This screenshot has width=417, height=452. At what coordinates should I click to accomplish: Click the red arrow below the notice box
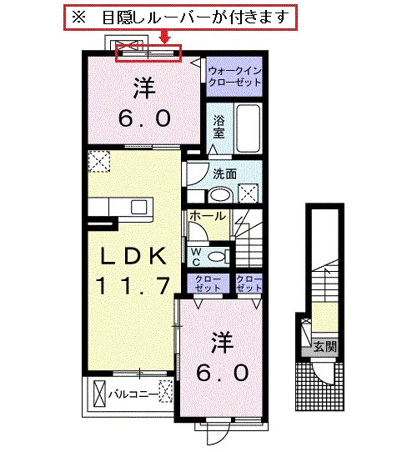pyautogui.click(x=164, y=37)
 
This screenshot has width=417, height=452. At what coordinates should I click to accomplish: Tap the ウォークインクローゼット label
pyautogui.click(x=234, y=76)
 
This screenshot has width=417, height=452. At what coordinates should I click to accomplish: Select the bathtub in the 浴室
pyautogui.click(x=248, y=128)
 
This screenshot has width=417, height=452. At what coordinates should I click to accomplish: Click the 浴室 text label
pyautogui.click(x=219, y=127)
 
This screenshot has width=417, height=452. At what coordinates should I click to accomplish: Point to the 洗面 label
pyautogui.click(x=225, y=173)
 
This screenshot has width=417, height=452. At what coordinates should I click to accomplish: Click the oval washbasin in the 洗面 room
pyautogui.click(x=221, y=195)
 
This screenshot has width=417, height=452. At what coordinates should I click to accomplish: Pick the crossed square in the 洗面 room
pyautogui.click(x=248, y=193)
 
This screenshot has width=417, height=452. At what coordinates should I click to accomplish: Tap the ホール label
pyautogui.click(x=208, y=216)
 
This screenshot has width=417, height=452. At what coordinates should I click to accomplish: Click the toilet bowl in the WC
pyautogui.click(x=217, y=257)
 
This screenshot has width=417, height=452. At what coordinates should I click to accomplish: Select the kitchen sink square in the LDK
pyautogui.click(x=138, y=207)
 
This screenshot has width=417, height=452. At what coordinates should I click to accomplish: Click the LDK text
pyautogui.click(x=133, y=256)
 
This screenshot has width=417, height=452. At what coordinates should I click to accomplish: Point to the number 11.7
pyautogui.click(x=133, y=285)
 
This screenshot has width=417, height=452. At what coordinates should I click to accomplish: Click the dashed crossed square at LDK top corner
pyautogui.click(x=99, y=162)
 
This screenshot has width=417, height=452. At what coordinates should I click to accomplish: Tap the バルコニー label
pyautogui.click(x=133, y=394)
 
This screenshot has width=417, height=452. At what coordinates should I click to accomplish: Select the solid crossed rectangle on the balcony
pyautogui.click(x=100, y=394)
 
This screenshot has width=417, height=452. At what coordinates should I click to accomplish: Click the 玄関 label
pyautogui.click(x=325, y=346)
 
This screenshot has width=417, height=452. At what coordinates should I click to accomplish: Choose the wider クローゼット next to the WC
pyautogui.click(x=208, y=284)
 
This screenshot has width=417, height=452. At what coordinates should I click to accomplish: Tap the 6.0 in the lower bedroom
pyautogui.click(x=223, y=373)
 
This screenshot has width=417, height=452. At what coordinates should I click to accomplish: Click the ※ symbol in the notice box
pyautogui.click(x=78, y=17)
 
